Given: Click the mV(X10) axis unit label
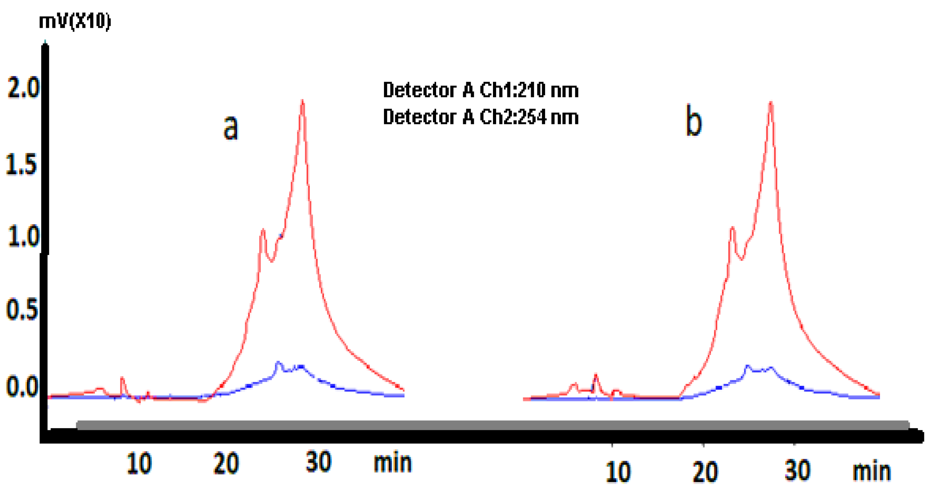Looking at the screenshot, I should (x=75, y=21).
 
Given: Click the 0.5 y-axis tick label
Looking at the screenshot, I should (x=22, y=310).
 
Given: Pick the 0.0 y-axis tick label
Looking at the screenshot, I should (x=22, y=386).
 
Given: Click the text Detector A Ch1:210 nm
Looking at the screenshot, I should (x=480, y=90).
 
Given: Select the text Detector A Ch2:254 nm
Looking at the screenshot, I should (x=480, y=117).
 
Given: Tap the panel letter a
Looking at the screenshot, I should (x=231, y=127).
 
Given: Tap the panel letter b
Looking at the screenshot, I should (x=693, y=121).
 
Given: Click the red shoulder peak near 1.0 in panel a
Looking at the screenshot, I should (x=263, y=231).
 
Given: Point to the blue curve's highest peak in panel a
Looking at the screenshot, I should (x=278, y=363).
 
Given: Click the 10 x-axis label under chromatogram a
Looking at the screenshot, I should (x=139, y=464).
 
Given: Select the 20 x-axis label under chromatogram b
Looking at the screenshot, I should (x=705, y=472).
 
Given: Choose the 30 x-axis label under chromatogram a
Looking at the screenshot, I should (x=318, y=462).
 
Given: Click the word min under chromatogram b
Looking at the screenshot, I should (x=871, y=471).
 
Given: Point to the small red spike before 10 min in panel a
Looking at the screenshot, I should (x=122, y=378).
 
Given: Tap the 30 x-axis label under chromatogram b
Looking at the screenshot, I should (x=797, y=470).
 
